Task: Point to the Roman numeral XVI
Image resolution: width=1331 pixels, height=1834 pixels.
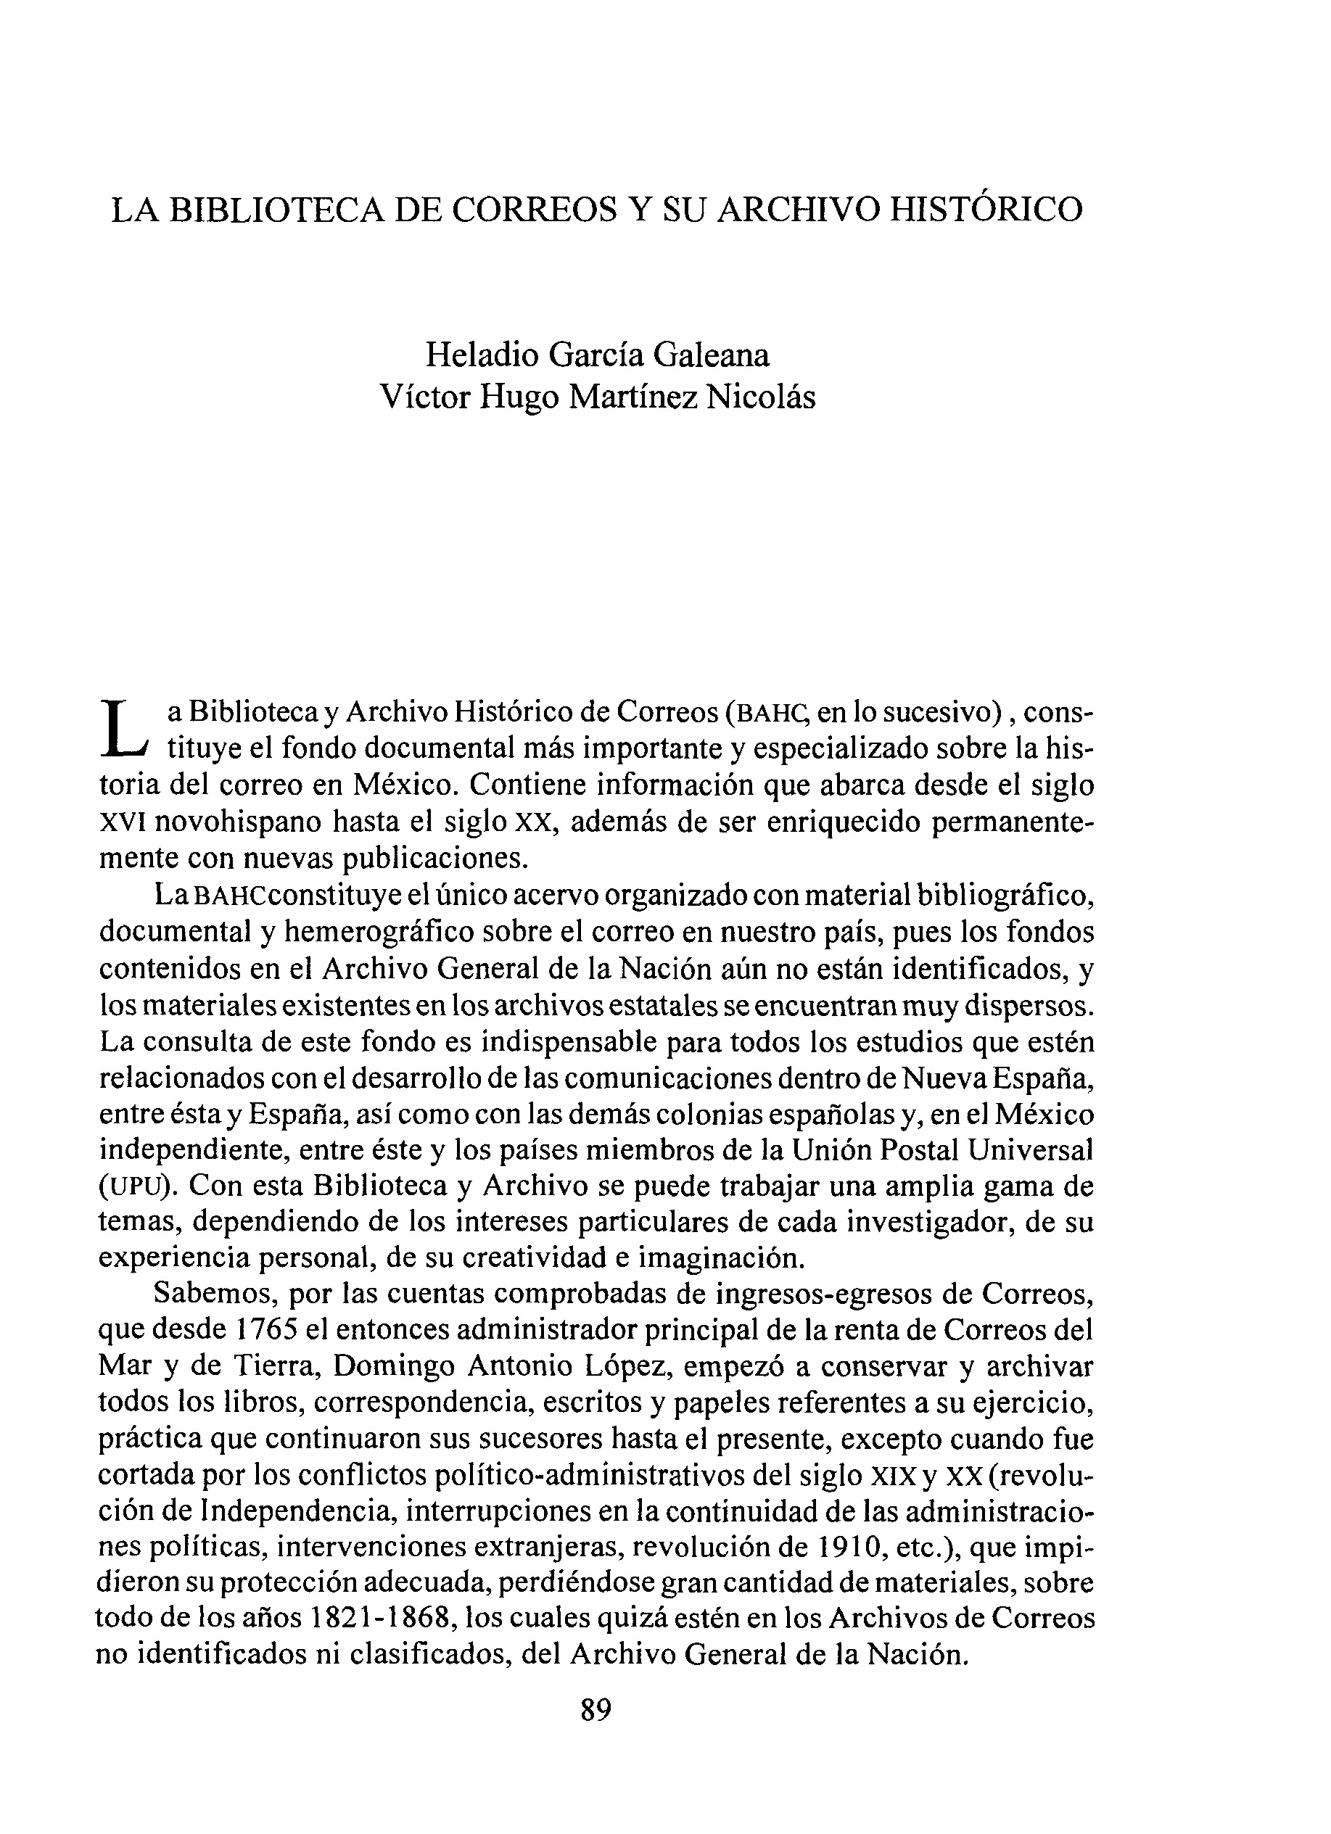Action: point(122,822)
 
